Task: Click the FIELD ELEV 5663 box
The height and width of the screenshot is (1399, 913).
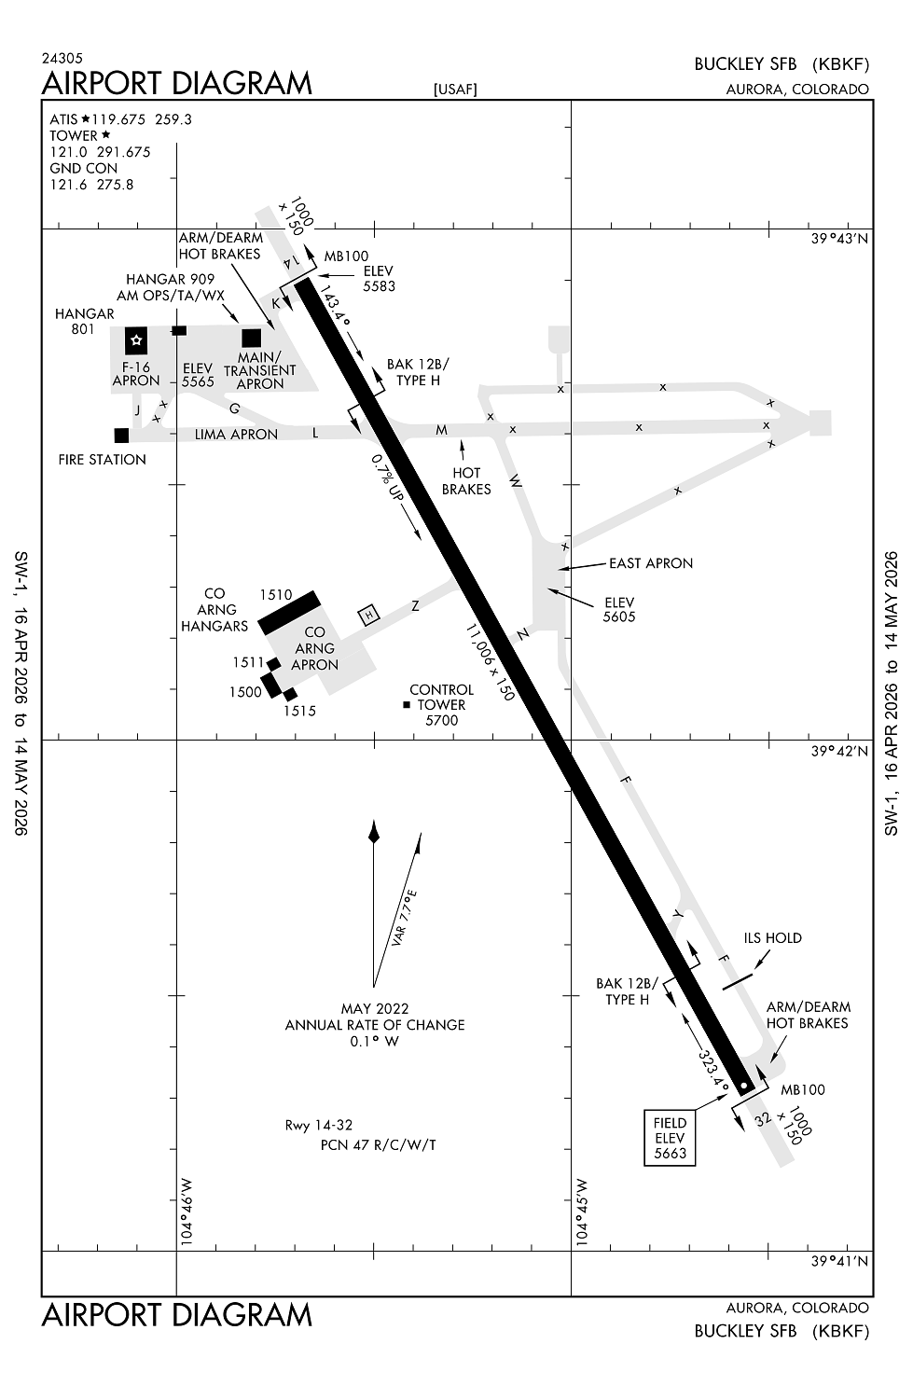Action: click(670, 1138)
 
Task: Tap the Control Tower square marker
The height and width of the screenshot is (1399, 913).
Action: click(407, 705)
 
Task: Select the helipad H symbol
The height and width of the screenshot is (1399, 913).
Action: click(370, 615)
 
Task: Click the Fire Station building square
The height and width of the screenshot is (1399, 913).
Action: click(121, 436)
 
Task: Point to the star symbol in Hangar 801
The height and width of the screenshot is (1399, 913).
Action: click(137, 340)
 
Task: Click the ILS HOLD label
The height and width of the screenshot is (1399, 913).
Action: click(772, 938)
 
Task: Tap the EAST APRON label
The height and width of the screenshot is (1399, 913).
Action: click(650, 563)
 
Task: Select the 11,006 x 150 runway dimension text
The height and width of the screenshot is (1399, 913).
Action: click(491, 662)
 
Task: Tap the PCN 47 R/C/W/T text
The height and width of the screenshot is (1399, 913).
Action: click(378, 1144)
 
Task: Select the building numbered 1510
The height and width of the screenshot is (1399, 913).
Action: click(289, 612)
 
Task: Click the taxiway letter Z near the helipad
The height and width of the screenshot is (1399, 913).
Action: click(415, 606)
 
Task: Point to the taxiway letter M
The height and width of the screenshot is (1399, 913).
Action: click(442, 430)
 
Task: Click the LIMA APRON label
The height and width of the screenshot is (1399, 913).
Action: click(236, 435)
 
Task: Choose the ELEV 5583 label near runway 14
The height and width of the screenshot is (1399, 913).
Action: click(379, 279)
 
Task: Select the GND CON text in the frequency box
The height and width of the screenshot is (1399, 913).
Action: click(84, 169)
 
